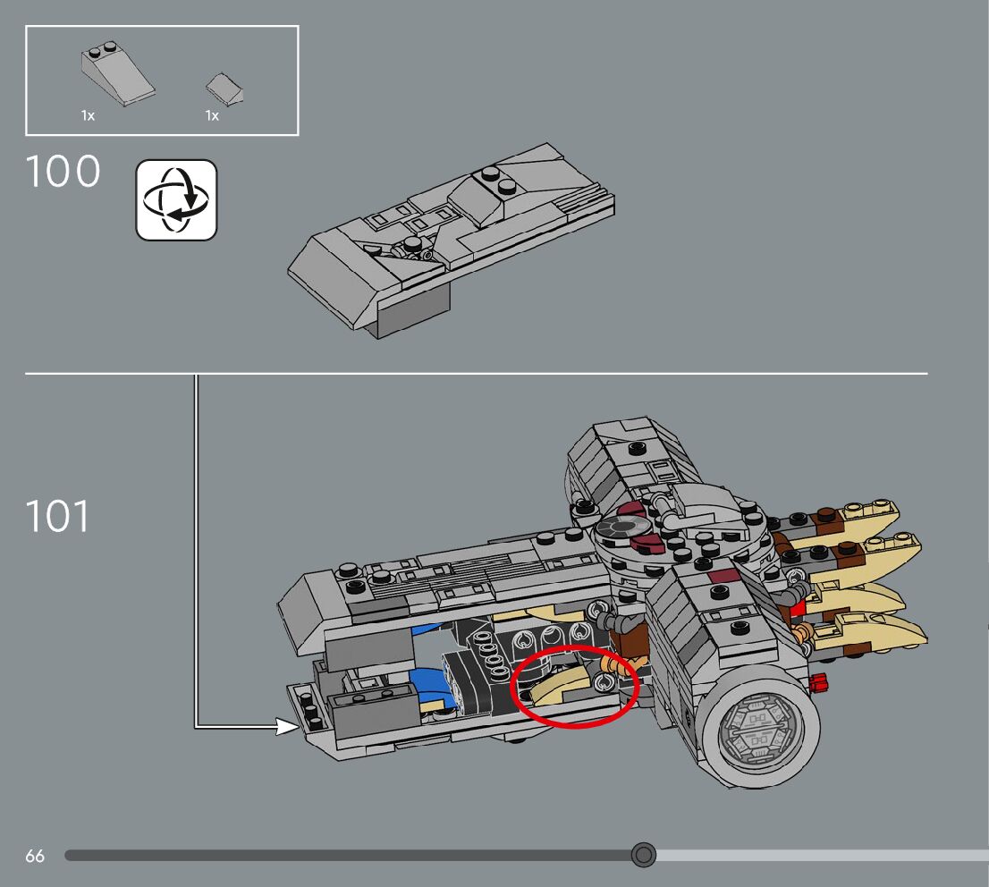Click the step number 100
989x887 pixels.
pyautogui.click(x=63, y=172)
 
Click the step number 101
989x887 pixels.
pyautogui.click(x=57, y=516)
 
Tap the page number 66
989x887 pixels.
pyautogui.click(x=35, y=857)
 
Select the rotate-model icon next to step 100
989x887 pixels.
pyautogui.click(x=176, y=200)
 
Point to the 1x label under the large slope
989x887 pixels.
pyautogui.click(x=88, y=116)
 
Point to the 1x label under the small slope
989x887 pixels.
pyautogui.click(x=212, y=116)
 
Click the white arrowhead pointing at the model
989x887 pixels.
pyautogui.click(x=288, y=726)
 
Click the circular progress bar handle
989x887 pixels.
pyautogui.click(x=643, y=856)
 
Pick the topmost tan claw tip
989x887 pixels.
pyautogui.click(x=881, y=516)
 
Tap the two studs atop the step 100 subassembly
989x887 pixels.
pyautogui.click(x=498, y=182)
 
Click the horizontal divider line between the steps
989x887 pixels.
pyautogui.click(x=476, y=373)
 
